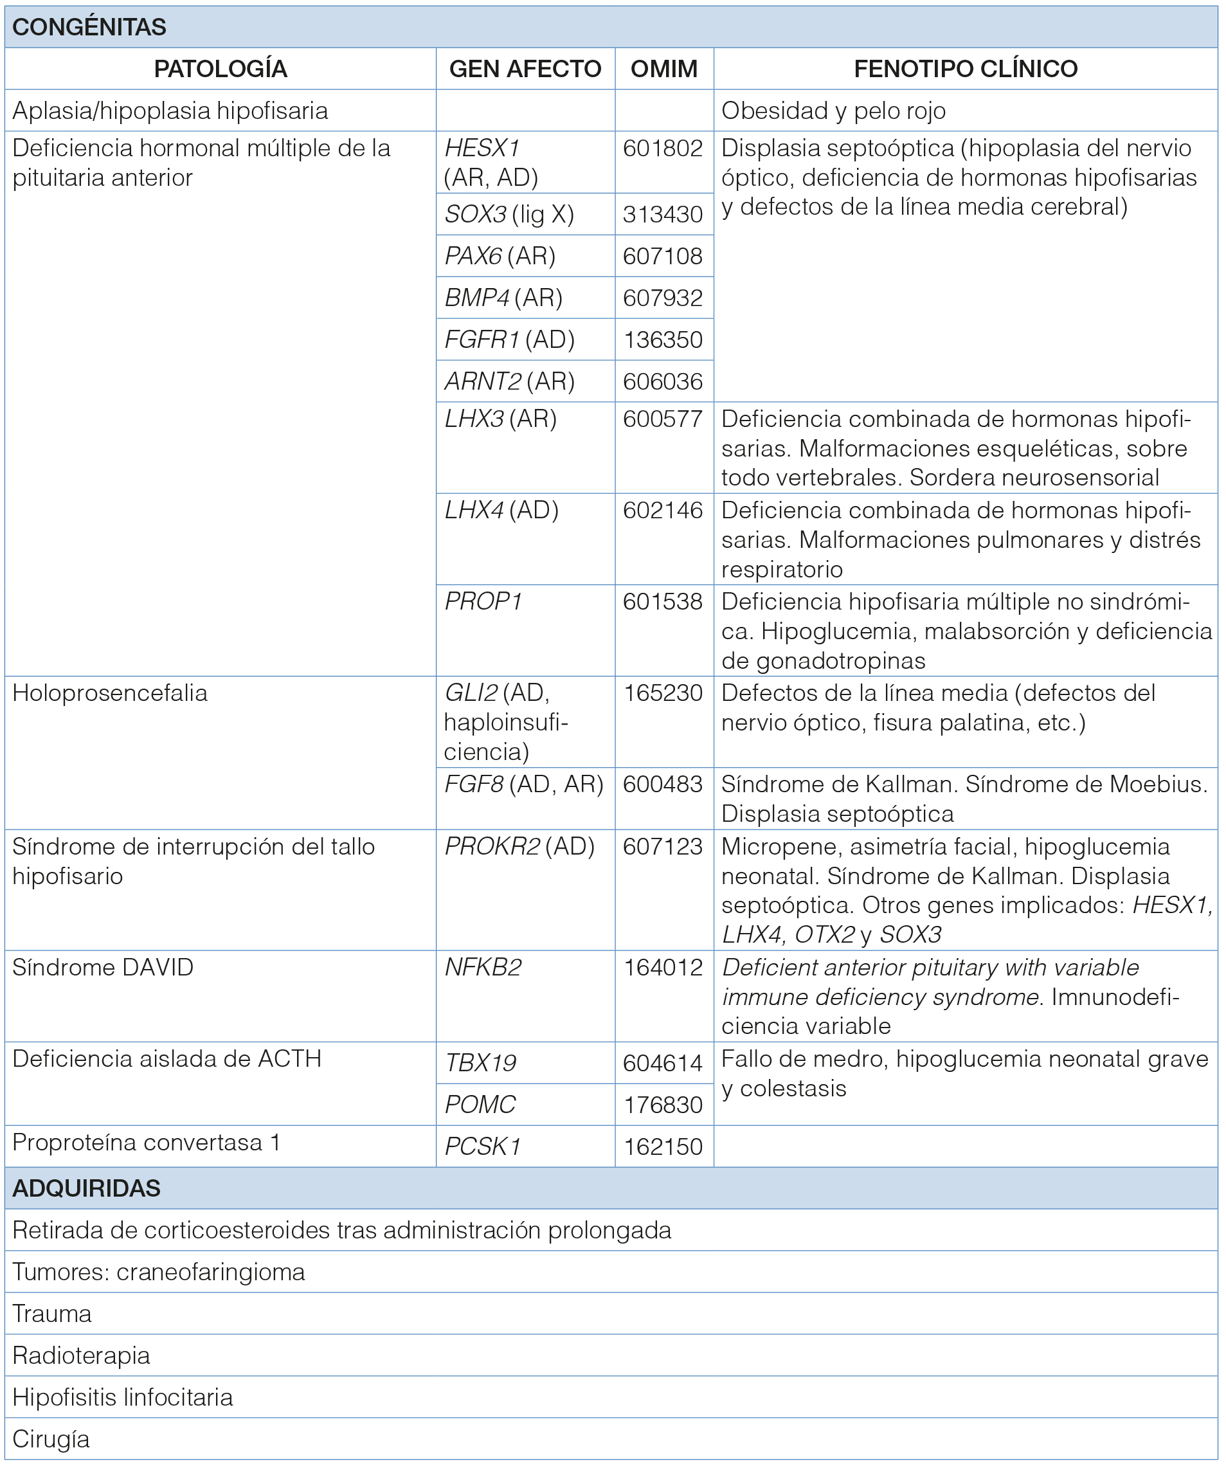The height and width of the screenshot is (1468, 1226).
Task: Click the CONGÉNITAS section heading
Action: click(89, 27)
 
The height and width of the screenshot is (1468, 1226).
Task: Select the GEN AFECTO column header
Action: click(525, 69)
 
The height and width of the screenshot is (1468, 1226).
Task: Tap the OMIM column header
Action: click(663, 69)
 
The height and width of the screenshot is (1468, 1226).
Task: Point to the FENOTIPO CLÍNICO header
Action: click(965, 69)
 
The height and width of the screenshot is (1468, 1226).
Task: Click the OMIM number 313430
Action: click(663, 214)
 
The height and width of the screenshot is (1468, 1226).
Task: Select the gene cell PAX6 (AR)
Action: click(500, 256)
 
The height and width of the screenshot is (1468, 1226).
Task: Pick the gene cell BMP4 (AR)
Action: click(503, 298)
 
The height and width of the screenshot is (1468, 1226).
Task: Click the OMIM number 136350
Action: click(663, 340)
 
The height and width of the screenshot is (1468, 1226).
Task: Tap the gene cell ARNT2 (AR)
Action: click(510, 382)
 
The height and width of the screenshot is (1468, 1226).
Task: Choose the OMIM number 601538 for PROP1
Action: click(663, 602)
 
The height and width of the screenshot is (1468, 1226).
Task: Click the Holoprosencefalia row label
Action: click(110, 693)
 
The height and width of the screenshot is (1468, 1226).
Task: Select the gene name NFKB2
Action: click(483, 968)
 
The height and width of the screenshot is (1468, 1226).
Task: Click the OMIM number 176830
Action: click(663, 1105)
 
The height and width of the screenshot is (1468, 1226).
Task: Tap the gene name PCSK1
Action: click(482, 1147)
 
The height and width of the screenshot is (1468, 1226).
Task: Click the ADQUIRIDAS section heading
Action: click(87, 1188)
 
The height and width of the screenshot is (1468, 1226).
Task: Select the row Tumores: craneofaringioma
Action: click(159, 1273)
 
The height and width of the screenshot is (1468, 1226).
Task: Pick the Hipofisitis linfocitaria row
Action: click(122, 1397)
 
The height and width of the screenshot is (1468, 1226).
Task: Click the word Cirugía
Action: click(51, 1439)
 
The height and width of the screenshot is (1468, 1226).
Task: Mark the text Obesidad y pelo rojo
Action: click(833, 111)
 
